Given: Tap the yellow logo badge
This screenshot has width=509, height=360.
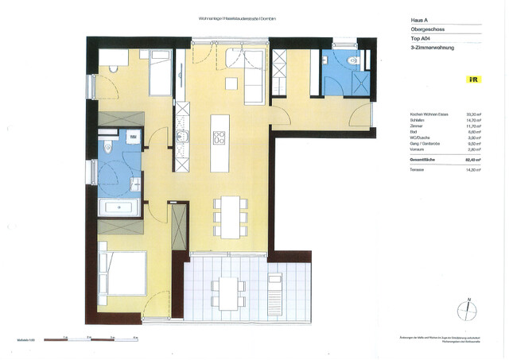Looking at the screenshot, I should click(x=472, y=79).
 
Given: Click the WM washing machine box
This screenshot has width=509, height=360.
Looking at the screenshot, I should click(x=133, y=137).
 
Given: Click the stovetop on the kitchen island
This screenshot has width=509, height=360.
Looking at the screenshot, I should click(x=219, y=137).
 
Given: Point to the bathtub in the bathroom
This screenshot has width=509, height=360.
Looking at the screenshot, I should click(x=119, y=208).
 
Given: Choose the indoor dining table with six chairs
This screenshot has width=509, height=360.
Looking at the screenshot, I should click(x=231, y=215).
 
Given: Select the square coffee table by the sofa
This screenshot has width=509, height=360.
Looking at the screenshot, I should click(x=232, y=84).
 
